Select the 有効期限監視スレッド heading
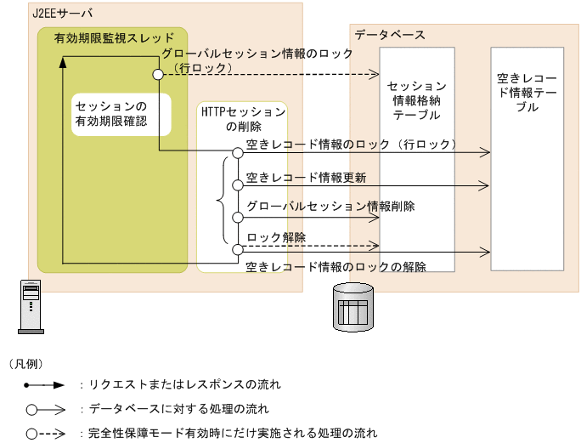click(113, 37)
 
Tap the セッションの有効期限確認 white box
click(111, 114)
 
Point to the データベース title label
click(390, 35)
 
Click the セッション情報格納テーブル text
click(416, 100)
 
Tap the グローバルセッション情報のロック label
click(257, 54)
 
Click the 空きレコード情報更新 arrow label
click(306, 178)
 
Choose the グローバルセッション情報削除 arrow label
click(330, 206)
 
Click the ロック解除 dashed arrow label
click(276, 236)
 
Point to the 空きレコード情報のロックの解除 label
click(336, 266)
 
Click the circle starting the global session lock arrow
click(157, 75)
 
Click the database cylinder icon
click(353, 305)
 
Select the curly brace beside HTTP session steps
click(221, 201)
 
